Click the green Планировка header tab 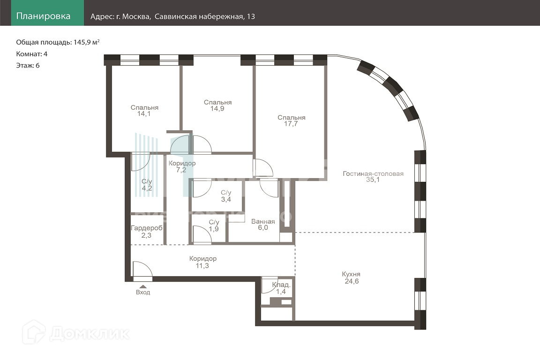[x=47, y=13]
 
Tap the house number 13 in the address [x=251, y=16]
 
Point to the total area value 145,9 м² [x=86, y=42]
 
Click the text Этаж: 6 [x=28, y=66]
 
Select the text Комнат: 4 [x=32, y=54]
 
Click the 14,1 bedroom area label [x=144, y=114]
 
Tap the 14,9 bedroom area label [x=217, y=109]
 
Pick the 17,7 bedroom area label [x=291, y=124]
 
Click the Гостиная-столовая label [x=373, y=173]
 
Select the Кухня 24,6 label [x=351, y=277]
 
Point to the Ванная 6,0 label [x=263, y=225]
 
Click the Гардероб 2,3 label [x=146, y=232]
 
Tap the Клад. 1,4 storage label [x=281, y=288]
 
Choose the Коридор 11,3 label [x=203, y=262]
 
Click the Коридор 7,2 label [x=182, y=166]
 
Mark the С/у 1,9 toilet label [x=214, y=225]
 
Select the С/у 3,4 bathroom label [x=226, y=196]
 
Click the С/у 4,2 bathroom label [x=147, y=185]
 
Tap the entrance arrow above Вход [x=143, y=286]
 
